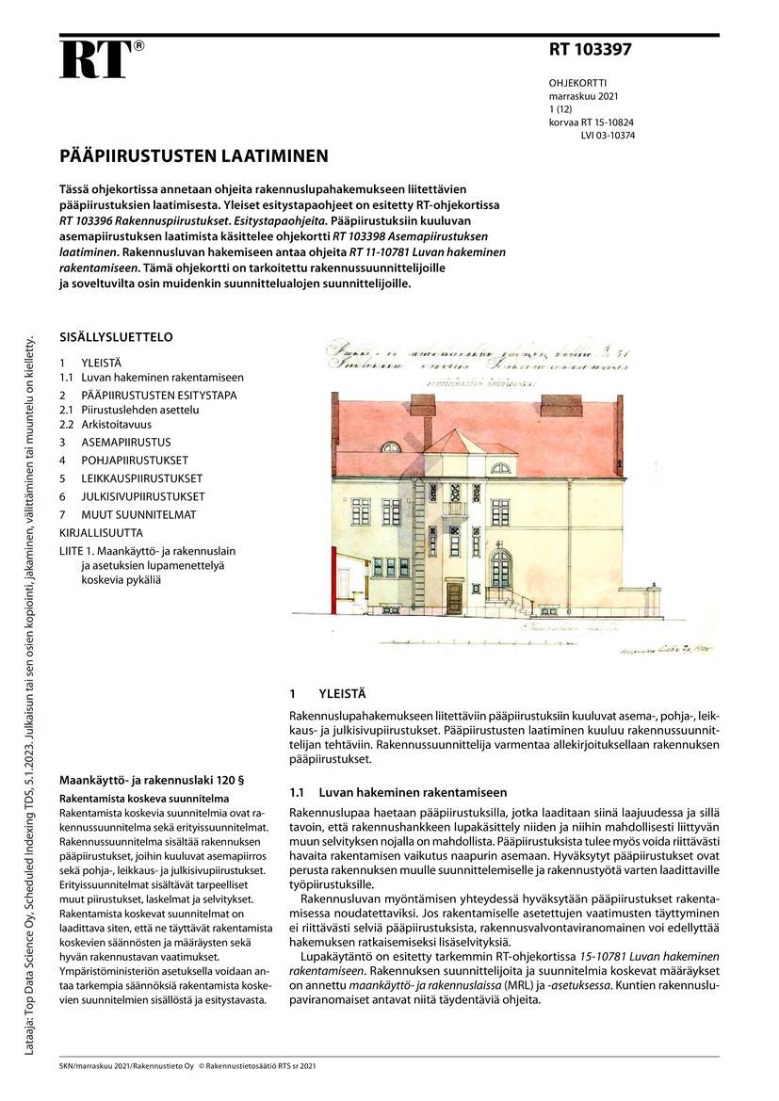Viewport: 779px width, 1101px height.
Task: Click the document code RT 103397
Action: click(x=591, y=50)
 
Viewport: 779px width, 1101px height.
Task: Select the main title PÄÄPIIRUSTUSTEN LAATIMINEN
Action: click(x=194, y=155)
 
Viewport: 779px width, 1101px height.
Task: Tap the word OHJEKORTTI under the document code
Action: click(x=577, y=83)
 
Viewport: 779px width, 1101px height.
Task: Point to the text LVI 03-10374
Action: click(x=608, y=135)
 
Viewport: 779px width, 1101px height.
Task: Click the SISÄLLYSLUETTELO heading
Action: click(x=116, y=336)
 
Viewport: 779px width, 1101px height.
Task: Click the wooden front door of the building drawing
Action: click(x=455, y=597)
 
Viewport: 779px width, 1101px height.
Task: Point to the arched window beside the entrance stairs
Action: click(x=500, y=569)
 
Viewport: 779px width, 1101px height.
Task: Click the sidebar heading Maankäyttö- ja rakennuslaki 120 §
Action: click(x=152, y=780)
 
